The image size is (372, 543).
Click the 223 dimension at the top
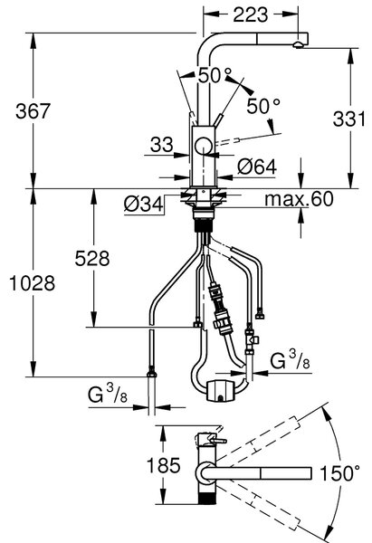click(x=250, y=14)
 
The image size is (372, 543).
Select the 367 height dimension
click(x=33, y=111)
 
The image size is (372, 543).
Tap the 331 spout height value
click(x=348, y=119)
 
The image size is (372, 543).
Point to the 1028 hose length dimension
click(x=32, y=283)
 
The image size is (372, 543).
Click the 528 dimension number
click(x=92, y=258)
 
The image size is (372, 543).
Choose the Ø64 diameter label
click(x=257, y=167)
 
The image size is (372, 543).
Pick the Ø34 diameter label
click(x=143, y=205)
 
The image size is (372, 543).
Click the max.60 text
click(x=299, y=199)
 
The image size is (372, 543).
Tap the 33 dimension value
click(x=161, y=145)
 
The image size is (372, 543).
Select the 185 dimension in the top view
click(x=164, y=465)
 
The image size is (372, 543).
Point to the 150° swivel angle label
click(x=339, y=473)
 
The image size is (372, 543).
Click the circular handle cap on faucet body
click(x=204, y=146)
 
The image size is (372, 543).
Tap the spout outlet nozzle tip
click(x=298, y=44)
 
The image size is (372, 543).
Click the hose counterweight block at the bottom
click(x=220, y=390)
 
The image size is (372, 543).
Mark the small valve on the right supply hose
click(x=252, y=340)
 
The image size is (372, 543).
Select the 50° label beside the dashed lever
click(x=263, y=106)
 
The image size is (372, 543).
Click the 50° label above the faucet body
click(x=215, y=75)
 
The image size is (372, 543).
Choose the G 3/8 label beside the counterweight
click(x=291, y=360)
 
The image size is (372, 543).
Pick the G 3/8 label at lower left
click(x=108, y=394)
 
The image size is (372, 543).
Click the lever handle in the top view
click(x=215, y=441)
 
